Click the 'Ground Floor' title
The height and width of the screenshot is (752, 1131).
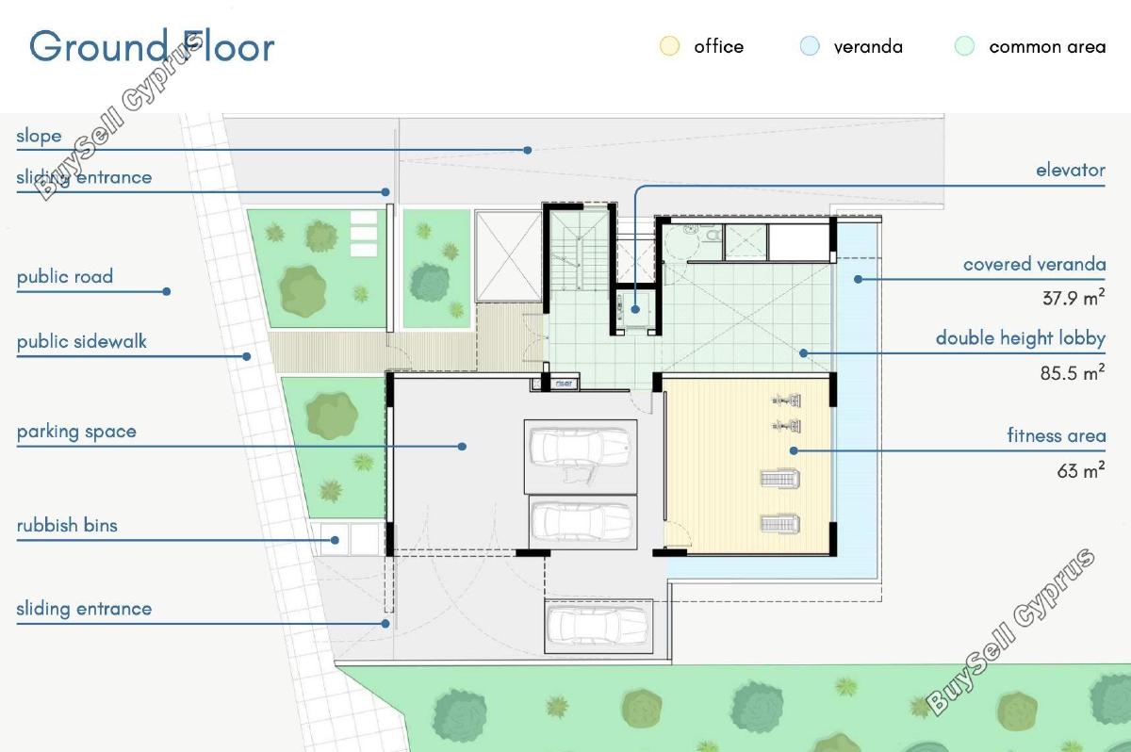tap(152, 46)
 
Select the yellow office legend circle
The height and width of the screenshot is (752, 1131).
tap(669, 46)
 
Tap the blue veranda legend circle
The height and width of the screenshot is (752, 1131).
tap(810, 46)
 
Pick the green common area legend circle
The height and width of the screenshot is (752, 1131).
tap(964, 46)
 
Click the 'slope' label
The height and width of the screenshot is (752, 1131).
tap(39, 136)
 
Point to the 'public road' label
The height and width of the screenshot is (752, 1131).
tap(65, 276)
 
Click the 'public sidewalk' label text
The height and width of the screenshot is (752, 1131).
tap(81, 341)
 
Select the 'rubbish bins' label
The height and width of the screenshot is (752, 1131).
tap(67, 526)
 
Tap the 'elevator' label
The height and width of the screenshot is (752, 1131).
tap(1071, 170)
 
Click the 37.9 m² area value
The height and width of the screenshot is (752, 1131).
tap(1074, 298)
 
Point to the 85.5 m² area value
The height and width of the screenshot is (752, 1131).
tap(1073, 373)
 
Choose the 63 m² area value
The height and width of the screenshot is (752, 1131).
tap(1081, 470)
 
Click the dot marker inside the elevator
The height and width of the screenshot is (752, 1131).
tap(635, 309)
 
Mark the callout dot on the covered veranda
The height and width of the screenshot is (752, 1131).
tap(858, 279)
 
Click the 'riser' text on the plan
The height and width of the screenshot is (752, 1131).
tap(564, 384)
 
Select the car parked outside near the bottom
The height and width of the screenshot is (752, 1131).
tap(598, 627)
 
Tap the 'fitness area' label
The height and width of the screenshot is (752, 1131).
tap(1057, 435)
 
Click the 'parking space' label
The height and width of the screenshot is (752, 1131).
tap(76, 432)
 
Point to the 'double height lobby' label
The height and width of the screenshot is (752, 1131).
tap(1021, 338)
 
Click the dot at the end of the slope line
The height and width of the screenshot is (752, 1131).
tap(528, 150)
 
